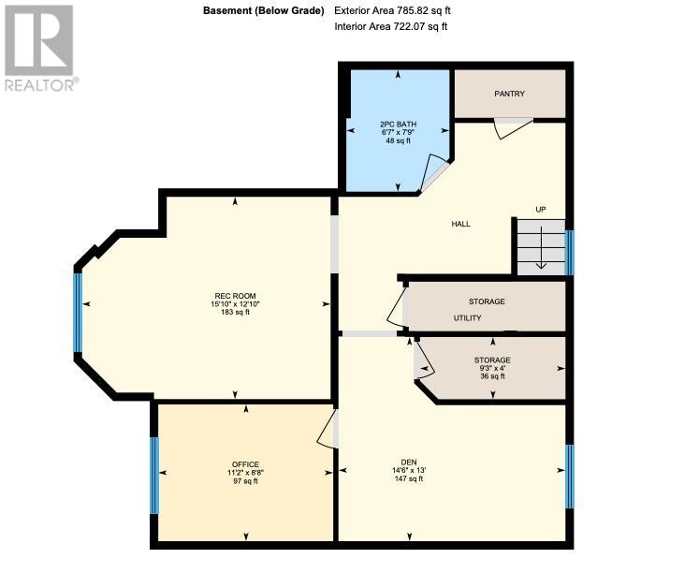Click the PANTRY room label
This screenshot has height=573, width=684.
(509, 94)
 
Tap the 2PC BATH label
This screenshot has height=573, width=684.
(398, 125)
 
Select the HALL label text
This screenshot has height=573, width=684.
(460, 224)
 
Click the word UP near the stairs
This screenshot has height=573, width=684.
(541, 210)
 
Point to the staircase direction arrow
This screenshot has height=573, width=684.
(541, 247)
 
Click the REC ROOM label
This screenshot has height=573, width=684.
(235, 296)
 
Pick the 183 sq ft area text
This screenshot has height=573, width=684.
(235, 312)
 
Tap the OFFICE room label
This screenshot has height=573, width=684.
(245, 464)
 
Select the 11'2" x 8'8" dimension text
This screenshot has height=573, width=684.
(245, 473)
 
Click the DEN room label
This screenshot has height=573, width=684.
(409, 463)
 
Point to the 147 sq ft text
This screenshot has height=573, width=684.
(409, 478)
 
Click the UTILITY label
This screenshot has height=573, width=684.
(467, 318)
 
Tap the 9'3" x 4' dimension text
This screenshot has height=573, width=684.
(492, 368)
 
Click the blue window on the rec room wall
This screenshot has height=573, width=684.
(78, 312)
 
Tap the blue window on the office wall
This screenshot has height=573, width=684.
(154, 476)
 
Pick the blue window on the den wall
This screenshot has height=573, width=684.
(569, 477)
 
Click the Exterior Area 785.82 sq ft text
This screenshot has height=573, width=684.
(392, 10)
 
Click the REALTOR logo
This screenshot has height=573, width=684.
(40, 48)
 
